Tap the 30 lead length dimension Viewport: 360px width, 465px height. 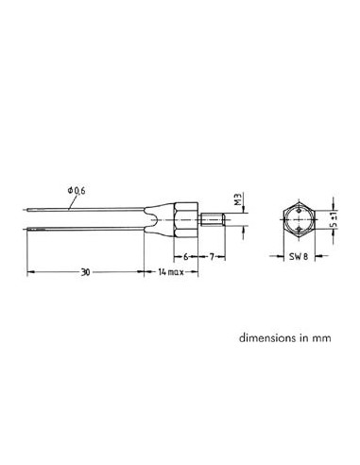[x=86, y=270]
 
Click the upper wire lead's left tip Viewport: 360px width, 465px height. [x=27, y=212]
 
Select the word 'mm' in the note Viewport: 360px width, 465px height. [x=323, y=336]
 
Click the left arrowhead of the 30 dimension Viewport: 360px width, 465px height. [x=29, y=272]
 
